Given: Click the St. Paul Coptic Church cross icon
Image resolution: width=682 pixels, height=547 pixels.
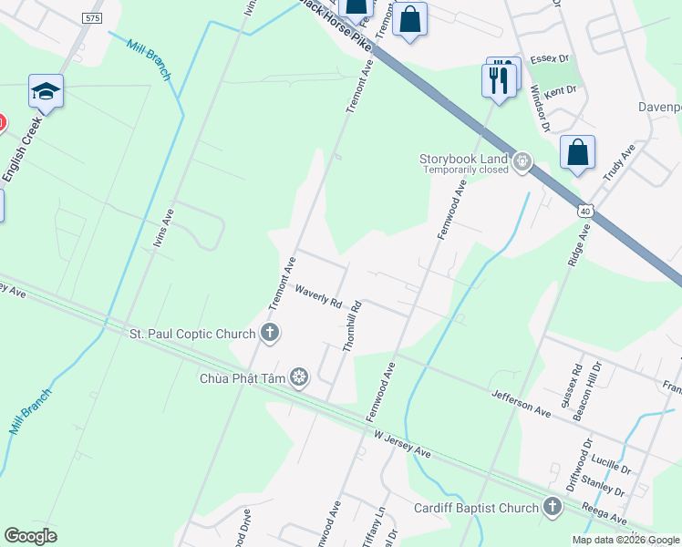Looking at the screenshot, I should (269, 332).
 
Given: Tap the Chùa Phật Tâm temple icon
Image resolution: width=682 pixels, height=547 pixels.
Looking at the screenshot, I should (298, 377).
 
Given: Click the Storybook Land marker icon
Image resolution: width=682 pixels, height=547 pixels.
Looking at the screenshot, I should (522, 163).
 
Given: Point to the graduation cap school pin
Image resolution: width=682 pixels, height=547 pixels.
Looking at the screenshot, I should (46, 91).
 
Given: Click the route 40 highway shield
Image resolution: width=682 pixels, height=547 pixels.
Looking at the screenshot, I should (584, 211).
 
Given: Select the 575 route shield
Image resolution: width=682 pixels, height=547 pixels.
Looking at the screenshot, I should (91, 17).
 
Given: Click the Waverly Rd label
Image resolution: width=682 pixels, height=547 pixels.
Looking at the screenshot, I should (318, 294).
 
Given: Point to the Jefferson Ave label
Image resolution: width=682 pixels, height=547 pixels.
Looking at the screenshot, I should (522, 402).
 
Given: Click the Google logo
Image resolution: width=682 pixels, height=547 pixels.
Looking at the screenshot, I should (31, 536).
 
